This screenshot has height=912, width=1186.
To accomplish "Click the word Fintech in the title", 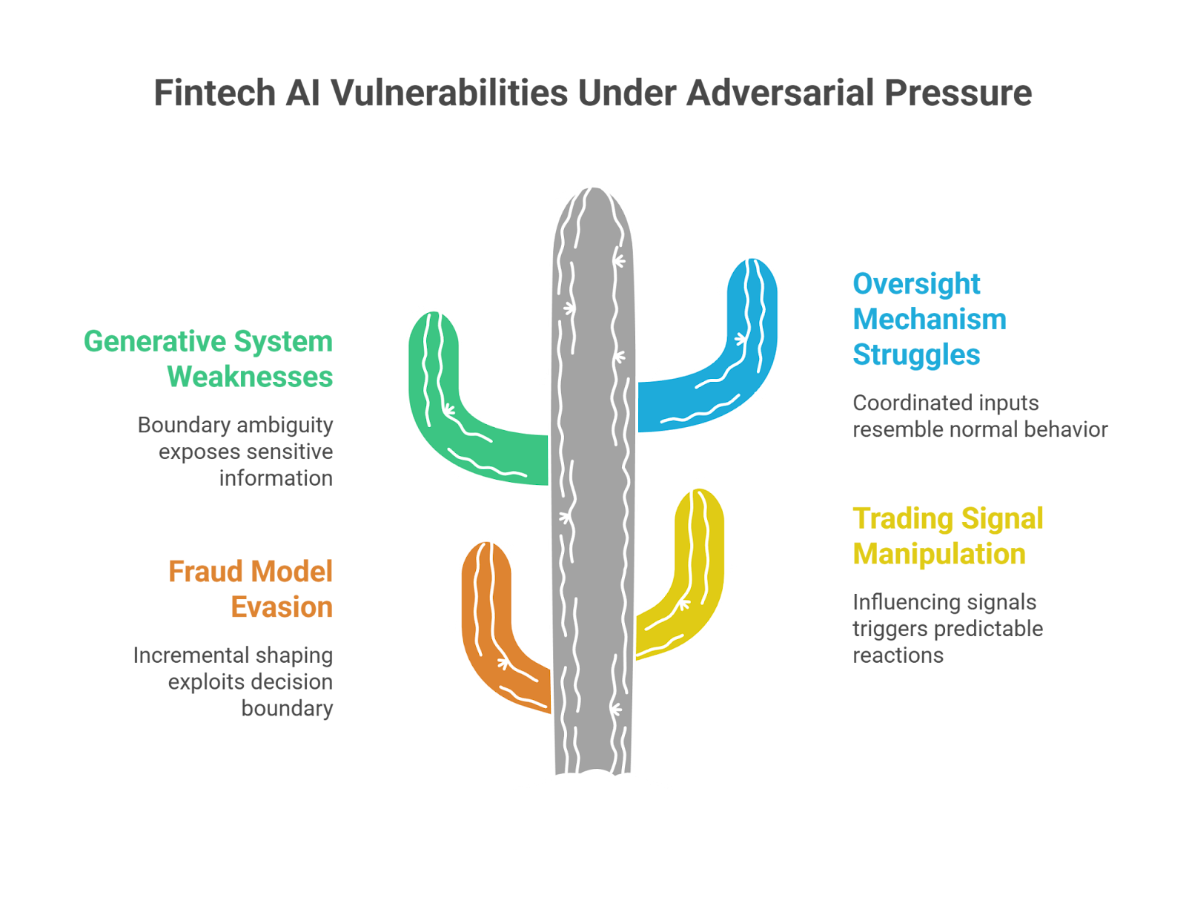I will point(214,94).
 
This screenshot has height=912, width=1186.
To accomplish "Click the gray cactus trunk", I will point(593,482).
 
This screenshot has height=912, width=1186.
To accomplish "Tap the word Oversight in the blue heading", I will point(916,284).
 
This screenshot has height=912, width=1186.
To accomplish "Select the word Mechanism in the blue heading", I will point(930,320).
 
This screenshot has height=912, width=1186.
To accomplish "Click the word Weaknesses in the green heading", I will point(250,377).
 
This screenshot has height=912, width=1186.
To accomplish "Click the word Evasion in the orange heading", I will point(282,608).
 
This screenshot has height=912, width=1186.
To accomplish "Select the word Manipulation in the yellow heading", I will point(939,555).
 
